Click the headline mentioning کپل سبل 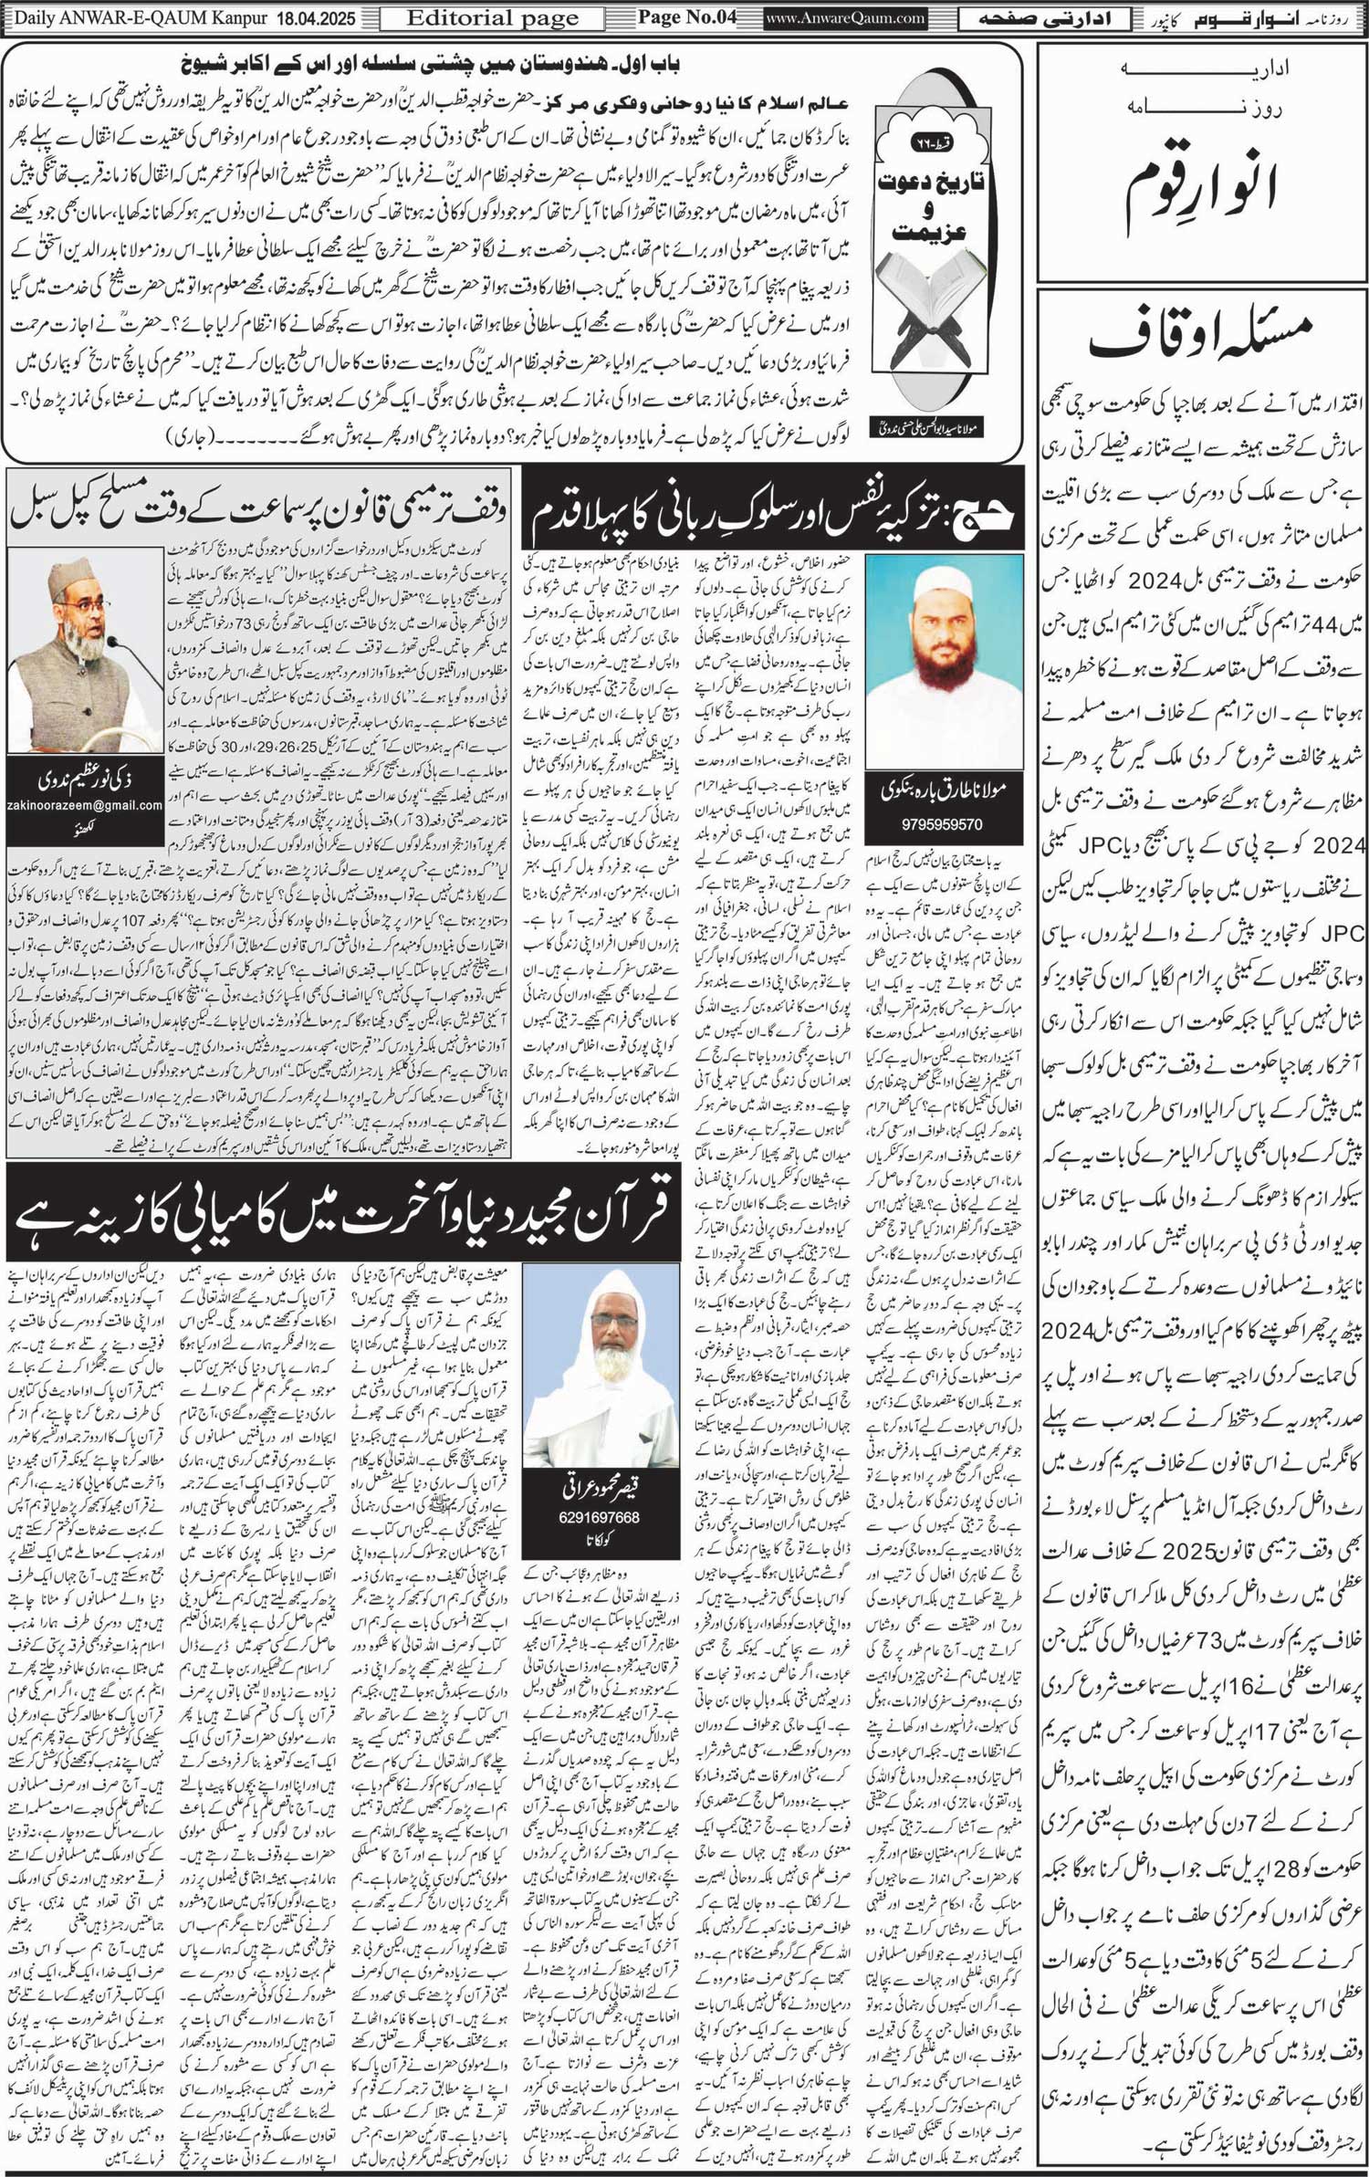[x=260, y=509]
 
